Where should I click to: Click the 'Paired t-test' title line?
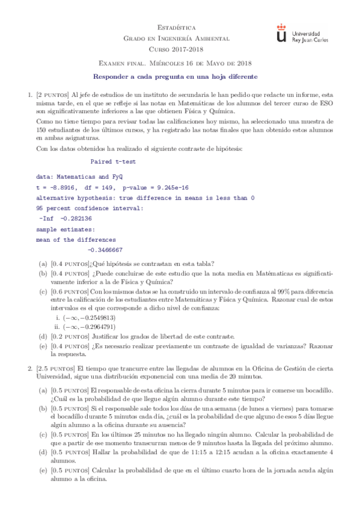coord(113,162)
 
